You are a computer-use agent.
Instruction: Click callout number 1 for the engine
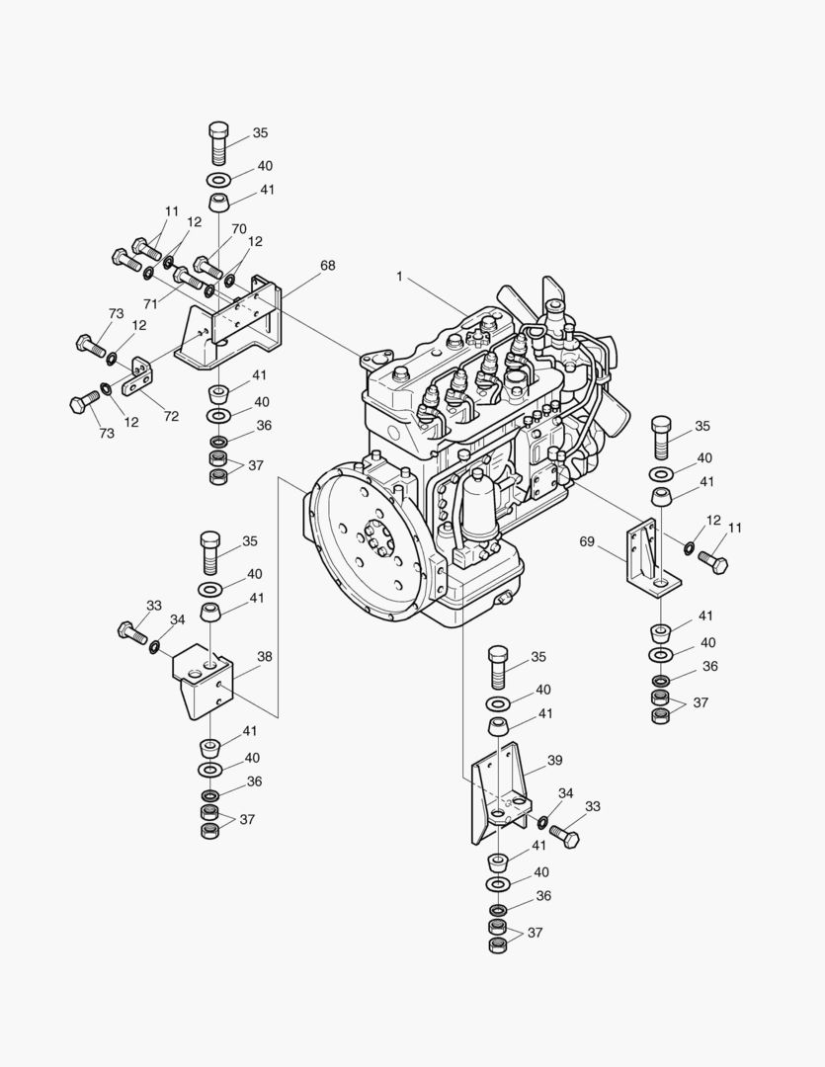click(x=400, y=277)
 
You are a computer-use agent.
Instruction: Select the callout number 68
click(x=327, y=266)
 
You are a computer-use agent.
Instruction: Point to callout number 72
click(x=171, y=416)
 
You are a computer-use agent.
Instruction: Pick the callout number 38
click(x=265, y=656)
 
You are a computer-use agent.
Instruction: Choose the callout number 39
click(x=554, y=760)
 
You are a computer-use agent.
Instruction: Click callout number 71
click(x=151, y=304)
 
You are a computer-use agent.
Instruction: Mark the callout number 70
click(x=239, y=229)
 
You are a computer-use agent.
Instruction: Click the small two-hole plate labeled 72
click(x=141, y=373)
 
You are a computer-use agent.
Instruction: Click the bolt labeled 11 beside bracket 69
click(x=712, y=562)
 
